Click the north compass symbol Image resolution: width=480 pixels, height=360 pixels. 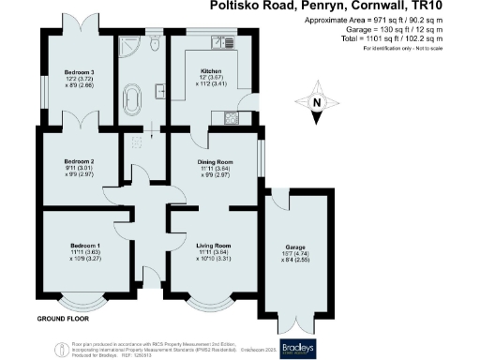click(x=316, y=104)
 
